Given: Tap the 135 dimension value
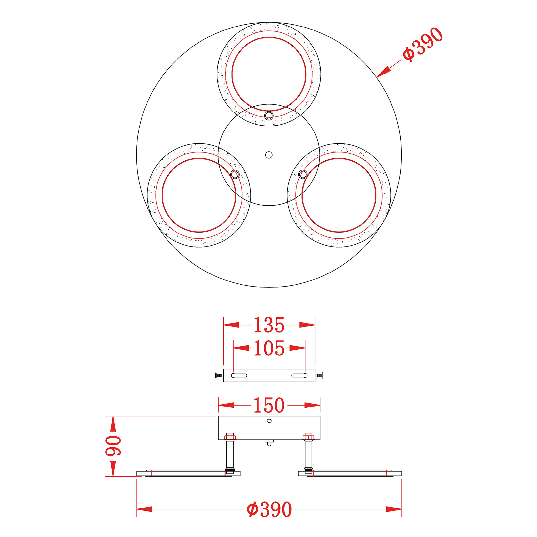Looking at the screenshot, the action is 269,325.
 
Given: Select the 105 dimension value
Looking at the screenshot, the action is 269,348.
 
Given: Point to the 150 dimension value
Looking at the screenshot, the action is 269,405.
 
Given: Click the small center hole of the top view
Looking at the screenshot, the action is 269,155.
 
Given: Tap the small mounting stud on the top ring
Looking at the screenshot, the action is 269,115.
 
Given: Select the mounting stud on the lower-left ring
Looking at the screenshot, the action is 235,174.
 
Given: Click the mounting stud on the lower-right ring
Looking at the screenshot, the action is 303,174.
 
